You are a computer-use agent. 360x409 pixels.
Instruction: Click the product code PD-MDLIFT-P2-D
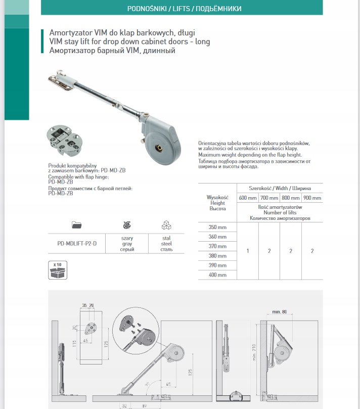click(76, 243)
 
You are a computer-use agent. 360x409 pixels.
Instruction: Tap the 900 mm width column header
click(312, 198)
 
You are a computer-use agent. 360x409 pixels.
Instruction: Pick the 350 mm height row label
click(217, 228)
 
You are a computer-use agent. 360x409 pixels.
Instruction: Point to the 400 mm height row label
click(217, 275)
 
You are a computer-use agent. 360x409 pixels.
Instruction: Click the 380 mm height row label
click(217, 256)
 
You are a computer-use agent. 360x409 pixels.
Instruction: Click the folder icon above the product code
click(77, 225)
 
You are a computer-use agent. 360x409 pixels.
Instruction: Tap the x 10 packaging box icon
click(57, 270)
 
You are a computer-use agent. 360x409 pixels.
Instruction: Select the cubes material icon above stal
click(166, 225)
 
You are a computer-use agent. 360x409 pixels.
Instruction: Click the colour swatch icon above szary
click(127, 225)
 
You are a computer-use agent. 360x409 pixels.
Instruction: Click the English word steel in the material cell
click(166, 243)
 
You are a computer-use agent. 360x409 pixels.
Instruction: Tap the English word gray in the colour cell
click(127, 243)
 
